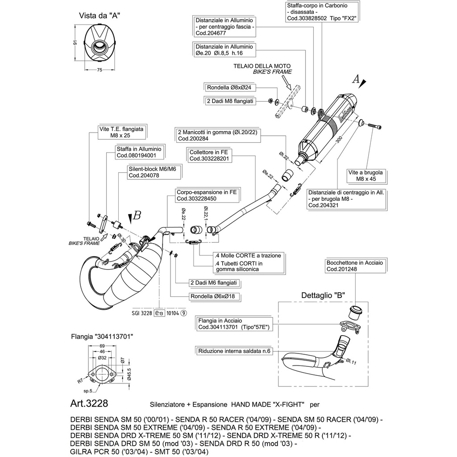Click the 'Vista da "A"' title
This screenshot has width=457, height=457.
(100, 16)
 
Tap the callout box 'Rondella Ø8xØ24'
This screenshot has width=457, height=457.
(229, 87)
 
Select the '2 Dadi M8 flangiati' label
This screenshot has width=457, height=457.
(230, 101)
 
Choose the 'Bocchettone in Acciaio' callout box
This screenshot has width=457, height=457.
(355, 266)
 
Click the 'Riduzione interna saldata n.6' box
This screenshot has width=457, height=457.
(234, 351)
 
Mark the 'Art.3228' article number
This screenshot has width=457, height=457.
(89, 403)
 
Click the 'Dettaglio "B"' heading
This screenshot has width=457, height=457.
(323, 295)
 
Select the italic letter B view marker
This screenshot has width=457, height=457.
(137, 216)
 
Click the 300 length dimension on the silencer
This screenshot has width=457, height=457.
(339, 140)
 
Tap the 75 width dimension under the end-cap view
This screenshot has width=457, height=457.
(100, 70)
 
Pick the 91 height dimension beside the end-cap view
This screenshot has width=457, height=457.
(75, 42)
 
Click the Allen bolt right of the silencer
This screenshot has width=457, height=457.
(375, 126)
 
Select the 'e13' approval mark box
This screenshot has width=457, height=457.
(159, 313)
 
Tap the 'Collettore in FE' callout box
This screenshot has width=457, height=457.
(209, 155)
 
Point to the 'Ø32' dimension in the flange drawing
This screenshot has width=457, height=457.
(102, 358)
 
